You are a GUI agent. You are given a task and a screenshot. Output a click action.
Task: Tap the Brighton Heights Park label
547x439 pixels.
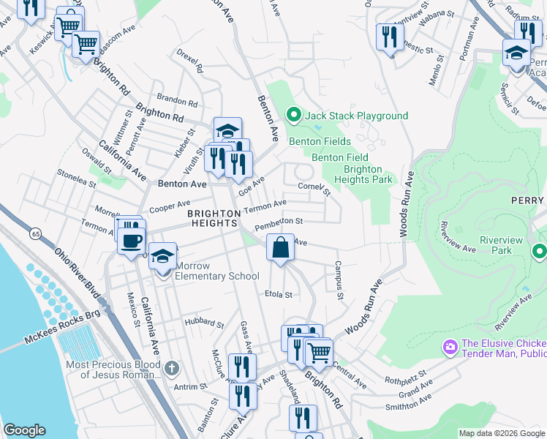[x=363, y=173]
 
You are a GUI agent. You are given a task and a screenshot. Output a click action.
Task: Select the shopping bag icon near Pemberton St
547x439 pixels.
[x=281, y=247]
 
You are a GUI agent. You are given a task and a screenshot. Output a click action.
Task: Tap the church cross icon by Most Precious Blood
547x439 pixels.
[x=171, y=367]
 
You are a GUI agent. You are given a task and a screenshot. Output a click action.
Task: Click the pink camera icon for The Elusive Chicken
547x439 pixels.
[x=450, y=345]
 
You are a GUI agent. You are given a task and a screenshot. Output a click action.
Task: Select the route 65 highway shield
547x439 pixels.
[x=34, y=234]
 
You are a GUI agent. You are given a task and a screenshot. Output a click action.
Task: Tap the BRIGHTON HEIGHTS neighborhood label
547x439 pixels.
[x=214, y=218]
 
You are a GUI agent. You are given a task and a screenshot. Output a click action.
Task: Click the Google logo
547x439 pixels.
[x=24, y=430]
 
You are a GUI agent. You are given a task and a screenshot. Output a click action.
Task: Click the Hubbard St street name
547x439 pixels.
[x=204, y=323]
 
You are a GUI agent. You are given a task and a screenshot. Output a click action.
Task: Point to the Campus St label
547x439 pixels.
[x=339, y=280]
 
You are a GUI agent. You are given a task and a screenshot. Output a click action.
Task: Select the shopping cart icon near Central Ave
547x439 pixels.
[x=319, y=353]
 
